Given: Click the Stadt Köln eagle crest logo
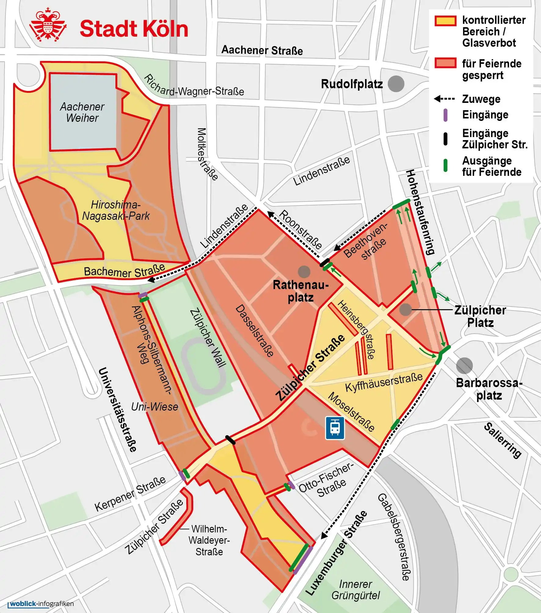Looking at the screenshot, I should coord(48,25).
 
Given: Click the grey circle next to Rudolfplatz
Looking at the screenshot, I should coord(396,84).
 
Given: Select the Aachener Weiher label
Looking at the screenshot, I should coord(82,112).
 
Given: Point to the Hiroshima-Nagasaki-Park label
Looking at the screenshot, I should coord(116,210).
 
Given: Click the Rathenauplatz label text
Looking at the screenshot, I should coord(301,291).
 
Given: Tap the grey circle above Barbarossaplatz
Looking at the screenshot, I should coord(464,365).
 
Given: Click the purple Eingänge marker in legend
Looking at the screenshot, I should coord(445,115).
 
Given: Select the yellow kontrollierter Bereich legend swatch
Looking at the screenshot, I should coord(445,21).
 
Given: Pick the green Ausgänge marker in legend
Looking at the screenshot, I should coord(445,165).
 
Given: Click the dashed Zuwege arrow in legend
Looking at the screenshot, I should coord(445,99).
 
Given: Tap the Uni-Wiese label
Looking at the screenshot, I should coord(154,407).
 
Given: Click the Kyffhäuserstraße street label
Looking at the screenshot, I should coord(384,382).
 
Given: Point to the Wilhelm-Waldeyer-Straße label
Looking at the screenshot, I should coord(209,540).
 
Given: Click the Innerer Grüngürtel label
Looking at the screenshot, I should coord(355,589).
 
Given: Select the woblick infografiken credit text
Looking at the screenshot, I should coord(42,604).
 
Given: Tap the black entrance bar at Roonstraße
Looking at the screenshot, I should coord(325,263).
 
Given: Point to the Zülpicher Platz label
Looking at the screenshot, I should coord(480,316).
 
